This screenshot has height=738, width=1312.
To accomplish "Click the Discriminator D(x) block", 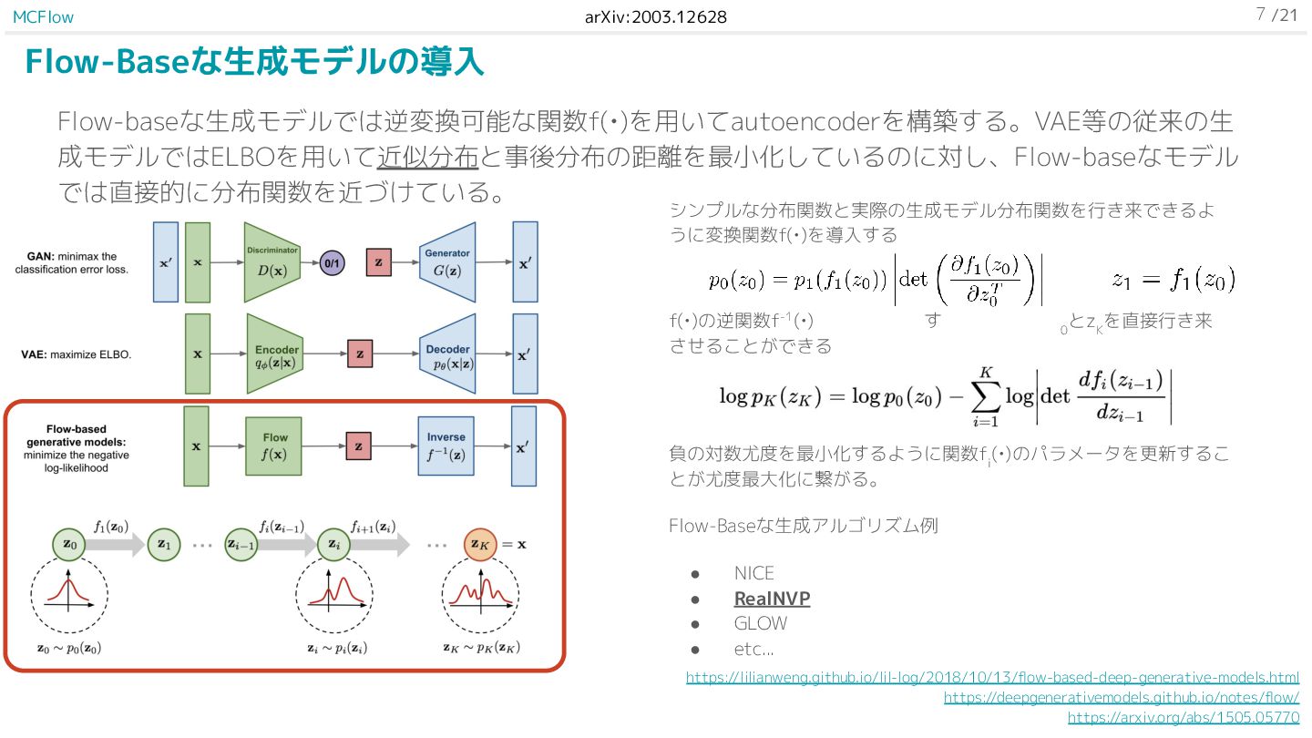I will click(272, 261).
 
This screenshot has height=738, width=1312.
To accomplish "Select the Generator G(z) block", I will click(447, 261).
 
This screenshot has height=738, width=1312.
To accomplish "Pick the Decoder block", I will click(447, 354).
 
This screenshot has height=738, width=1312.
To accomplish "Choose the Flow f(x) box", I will click(274, 446).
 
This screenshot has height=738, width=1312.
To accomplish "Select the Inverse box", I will click(446, 446).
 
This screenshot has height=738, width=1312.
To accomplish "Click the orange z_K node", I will click(481, 544).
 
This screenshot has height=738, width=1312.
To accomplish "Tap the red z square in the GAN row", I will click(378, 262).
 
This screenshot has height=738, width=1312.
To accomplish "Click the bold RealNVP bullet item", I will click(772, 599).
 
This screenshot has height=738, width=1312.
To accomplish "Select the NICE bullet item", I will click(753, 573).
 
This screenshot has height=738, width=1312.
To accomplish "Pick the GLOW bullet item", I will click(760, 624).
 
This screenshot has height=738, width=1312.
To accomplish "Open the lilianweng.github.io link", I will click(992, 678).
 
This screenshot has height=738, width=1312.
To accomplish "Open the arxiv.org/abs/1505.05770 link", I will click(1184, 718).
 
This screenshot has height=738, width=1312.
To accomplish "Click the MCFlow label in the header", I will click(43, 16).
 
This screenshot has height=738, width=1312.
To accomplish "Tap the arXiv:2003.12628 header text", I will click(655, 16).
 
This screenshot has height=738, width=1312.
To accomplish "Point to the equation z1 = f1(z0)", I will click(1173, 281).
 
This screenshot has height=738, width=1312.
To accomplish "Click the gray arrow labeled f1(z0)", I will click(112, 544).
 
